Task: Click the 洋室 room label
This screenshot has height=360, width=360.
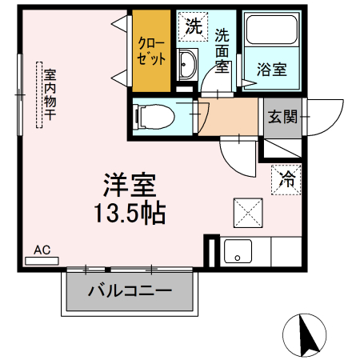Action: (x=129, y=185)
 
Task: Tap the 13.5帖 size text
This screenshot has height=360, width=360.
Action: (x=129, y=214)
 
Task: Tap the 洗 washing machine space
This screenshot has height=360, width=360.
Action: (x=193, y=26)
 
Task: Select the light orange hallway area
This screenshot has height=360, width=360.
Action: (x=231, y=117)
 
